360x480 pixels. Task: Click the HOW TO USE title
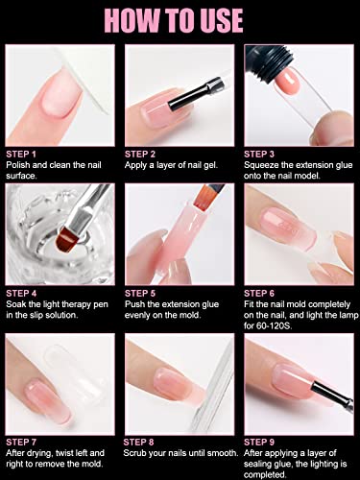174,20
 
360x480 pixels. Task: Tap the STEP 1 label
21,155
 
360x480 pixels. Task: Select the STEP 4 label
21,294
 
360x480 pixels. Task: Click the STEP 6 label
259,294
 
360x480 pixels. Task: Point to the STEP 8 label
138,443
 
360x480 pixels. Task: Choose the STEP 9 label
259,443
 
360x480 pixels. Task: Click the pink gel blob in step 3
289,82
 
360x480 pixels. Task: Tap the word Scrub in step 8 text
135,453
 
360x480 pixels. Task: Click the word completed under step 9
265,474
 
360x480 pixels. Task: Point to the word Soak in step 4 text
16,304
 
